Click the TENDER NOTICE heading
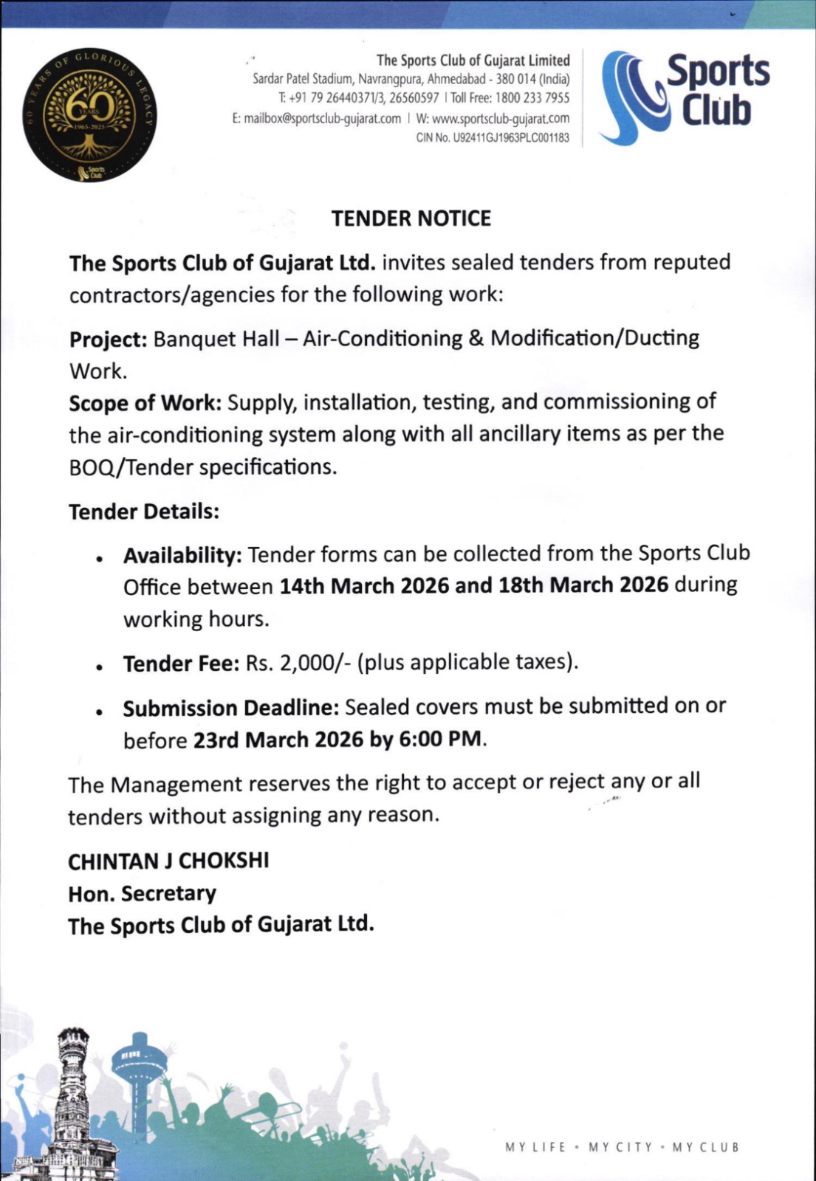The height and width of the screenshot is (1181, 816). [x=411, y=218]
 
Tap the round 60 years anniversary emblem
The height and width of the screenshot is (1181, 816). [x=89, y=117]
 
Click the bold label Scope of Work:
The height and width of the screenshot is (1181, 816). [x=145, y=403]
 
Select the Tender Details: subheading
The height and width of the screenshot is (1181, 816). [x=144, y=512]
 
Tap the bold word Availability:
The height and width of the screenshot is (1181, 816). [x=182, y=555]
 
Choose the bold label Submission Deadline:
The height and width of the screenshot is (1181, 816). [x=230, y=708]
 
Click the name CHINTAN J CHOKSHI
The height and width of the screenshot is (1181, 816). [x=168, y=861]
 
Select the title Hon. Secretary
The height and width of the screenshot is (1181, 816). [x=142, y=893]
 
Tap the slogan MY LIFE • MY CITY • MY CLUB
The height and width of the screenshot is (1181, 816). [x=622, y=1147]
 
